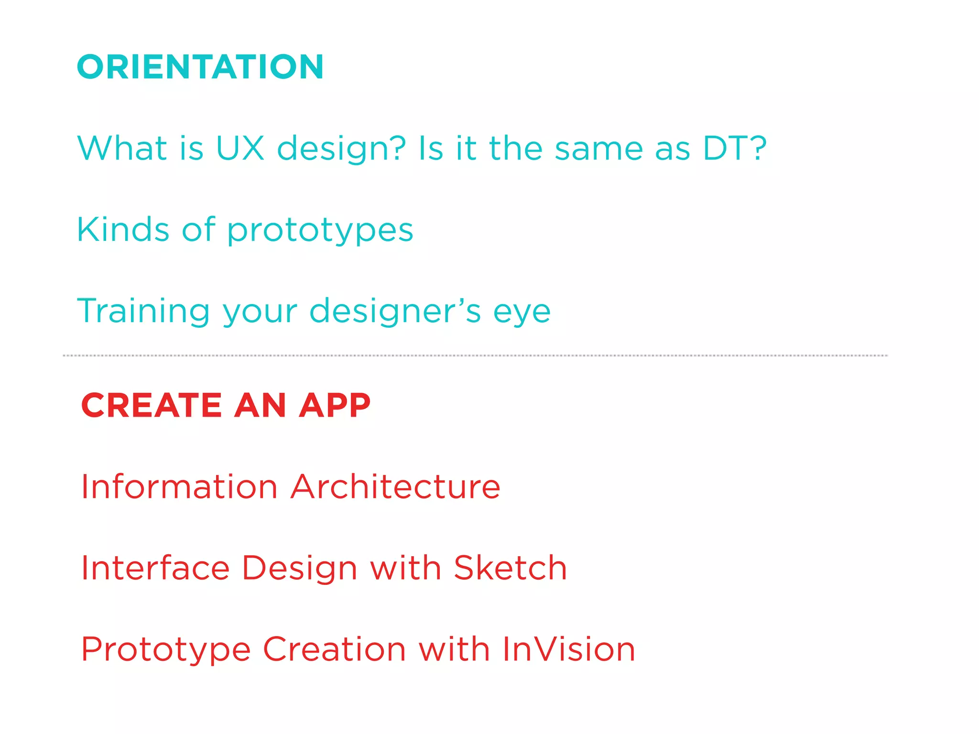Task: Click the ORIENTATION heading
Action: click(200, 67)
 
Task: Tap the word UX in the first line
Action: click(240, 148)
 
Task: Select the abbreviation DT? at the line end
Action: click(735, 148)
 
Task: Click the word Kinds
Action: click(123, 229)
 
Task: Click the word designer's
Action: click(395, 312)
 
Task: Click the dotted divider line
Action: click(475, 356)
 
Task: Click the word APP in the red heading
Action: click(335, 405)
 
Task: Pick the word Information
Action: click(179, 487)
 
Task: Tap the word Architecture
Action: click(396, 487)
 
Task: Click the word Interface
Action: click(155, 568)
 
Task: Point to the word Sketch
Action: click(510, 568)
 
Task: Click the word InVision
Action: click(569, 649)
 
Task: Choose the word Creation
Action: click(335, 649)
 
